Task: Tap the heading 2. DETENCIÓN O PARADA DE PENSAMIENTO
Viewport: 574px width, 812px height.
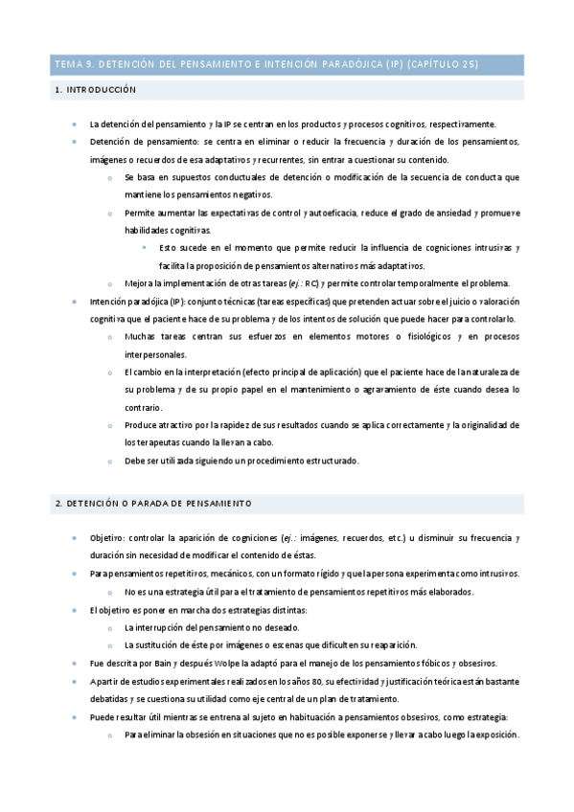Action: pyautogui.click(x=153, y=502)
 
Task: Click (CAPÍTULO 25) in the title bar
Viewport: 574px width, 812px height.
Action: pyautogui.click(x=443, y=64)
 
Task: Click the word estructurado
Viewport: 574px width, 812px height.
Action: pyautogui.click(x=329, y=461)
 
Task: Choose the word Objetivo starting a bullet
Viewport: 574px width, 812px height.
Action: pyautogui.click(x=106, y=538)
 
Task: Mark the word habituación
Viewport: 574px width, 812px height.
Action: pyautogui.click(x=320, y=716)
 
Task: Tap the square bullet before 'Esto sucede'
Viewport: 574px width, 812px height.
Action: pyautogui.click(x=146, y=248)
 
